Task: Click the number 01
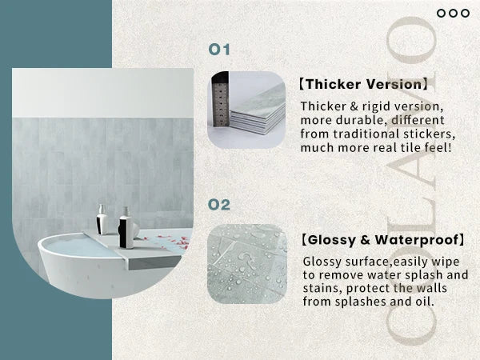[219, 50]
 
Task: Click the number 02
[219, 205]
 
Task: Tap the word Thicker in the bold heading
[334, 84]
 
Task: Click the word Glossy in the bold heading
[331, 240]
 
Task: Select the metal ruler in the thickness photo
[221, 99]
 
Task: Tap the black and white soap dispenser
[126, 228]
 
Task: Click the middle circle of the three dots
[453, 13]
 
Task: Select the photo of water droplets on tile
[247, 263]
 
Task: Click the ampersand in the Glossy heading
[365, 240]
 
